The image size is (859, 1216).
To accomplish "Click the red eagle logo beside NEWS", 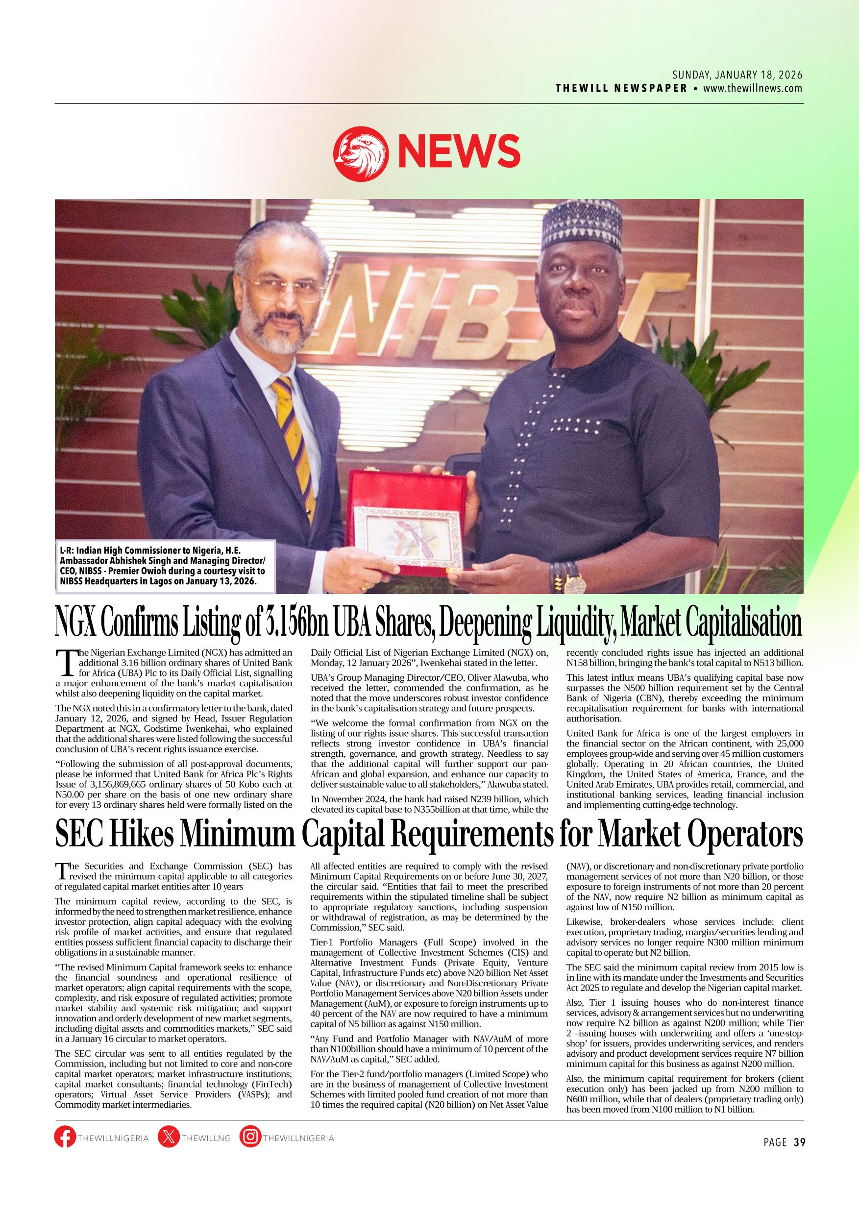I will point(361,152).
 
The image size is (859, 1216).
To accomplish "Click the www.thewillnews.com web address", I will point(753,88).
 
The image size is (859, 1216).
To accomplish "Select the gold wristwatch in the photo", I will point(575,583).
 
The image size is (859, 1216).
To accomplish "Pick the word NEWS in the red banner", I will point(459,150).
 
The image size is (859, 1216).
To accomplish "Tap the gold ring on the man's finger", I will point(365,585).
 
